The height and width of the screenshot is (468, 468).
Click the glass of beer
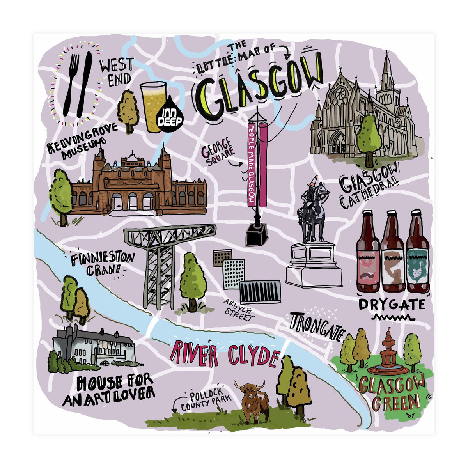[x=152, y=103]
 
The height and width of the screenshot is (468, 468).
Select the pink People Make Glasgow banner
[x=252, y=164]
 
